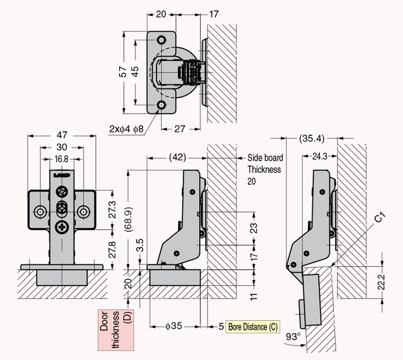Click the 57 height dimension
pyautogui.click(x=123, y=72)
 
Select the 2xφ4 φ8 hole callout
pyautogui.click(x=126, y=129)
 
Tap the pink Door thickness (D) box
pyautogui.click(x=116, y=330)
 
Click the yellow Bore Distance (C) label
pyautogui.click(x=253, y=327)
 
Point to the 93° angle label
pyautogui.click(x=293, y=337)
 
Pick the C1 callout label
pyautogui.click(x=380, y=217)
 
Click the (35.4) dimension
pyautogui.click(x=312, y=138)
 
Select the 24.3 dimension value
pyautogui.click(x=320, y=156)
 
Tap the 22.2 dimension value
pyautogui.click(x=381, y=282)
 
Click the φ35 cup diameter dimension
pyautogui.click(x=174, y=326)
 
